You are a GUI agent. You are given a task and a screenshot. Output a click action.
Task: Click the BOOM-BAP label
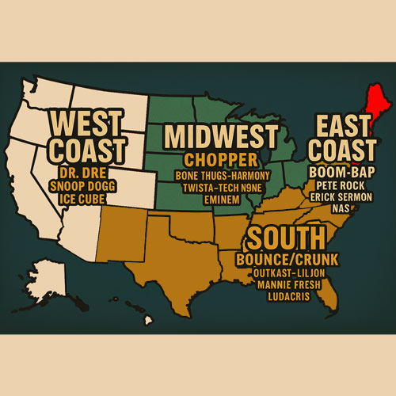click(x=341, y=170)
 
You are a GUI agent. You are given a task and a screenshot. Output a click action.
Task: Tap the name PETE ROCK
click(x=341, y=183)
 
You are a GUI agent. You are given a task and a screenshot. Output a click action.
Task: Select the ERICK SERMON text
click(x=341, y=195)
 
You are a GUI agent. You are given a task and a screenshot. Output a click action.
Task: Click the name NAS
click(x=341, y=207)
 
